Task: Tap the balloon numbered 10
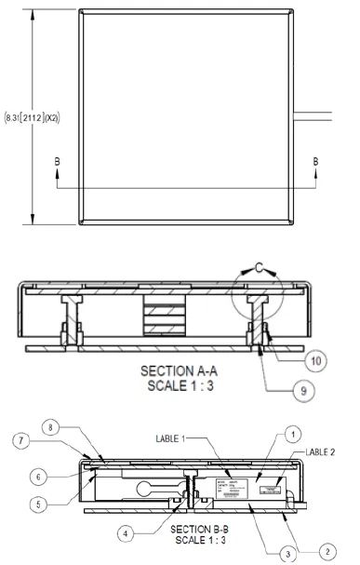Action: (316, 358)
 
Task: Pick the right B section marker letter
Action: (315, 160)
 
